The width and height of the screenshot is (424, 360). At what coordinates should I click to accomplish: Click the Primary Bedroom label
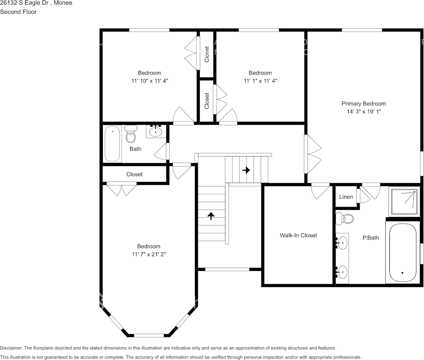click(363, 104)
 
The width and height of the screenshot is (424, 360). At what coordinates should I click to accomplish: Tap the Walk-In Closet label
click(298, 235)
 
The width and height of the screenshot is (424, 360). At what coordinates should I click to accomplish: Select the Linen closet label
click(346, 197)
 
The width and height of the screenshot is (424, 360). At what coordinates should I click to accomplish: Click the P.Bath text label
click(370, 238)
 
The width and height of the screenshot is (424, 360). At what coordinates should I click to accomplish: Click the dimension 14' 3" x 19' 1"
click(363, 112)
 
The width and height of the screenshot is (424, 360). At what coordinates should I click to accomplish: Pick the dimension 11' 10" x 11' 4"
click(150, 81)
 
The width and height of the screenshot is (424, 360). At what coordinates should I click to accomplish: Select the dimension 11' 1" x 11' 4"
click(260, 81)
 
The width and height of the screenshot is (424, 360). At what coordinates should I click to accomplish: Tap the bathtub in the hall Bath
click(112, 144)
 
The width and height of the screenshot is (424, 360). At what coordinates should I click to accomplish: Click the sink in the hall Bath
click(155, 132)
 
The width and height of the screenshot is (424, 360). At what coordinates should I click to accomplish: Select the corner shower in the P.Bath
click(403, 201)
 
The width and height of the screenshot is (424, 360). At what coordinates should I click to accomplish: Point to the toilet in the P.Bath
click(345, 218)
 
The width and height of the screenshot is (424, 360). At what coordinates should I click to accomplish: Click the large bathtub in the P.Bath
click(402, 253)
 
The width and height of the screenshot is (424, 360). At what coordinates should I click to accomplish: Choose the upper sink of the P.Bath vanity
click(343, 242)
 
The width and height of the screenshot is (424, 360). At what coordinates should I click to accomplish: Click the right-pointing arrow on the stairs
click(246, 170)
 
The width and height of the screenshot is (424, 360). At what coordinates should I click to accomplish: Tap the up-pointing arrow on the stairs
click(211, 216)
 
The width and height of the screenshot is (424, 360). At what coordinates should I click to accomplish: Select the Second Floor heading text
click(18, 12)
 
